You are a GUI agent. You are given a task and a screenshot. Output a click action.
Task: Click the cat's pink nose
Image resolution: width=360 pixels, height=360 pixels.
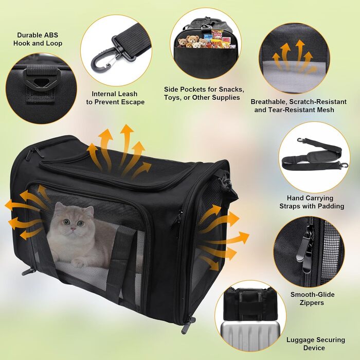point(73,228)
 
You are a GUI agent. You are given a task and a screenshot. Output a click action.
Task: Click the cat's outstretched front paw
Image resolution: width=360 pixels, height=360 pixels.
point(79,262)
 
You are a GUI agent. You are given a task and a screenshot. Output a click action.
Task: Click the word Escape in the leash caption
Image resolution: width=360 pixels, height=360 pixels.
point(133,102)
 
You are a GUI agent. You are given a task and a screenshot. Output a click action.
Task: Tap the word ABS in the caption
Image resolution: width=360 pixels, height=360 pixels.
point(51,35)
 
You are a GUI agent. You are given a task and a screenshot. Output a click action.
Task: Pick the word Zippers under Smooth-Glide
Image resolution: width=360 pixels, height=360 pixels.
point(312,302)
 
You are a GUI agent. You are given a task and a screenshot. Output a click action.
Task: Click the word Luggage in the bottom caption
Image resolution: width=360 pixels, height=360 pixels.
point(300,340)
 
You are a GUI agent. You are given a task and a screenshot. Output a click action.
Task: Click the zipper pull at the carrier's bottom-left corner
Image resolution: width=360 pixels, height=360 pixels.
point(27,272)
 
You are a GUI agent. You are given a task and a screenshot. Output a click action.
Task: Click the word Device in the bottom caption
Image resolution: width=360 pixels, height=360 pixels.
point(314,348)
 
